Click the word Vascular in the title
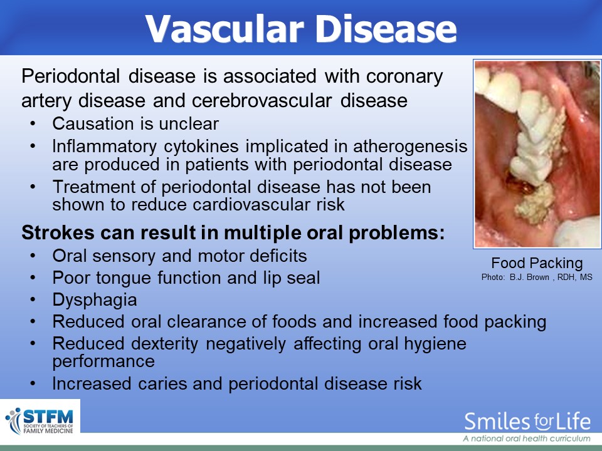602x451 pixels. pyautogui.click(x=224, y=29)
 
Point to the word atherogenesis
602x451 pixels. pyautogui.click(x=410, y=147)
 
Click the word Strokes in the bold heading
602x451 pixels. pyautogui.click(x=58, y=232)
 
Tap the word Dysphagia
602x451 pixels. pyautogui.click(x=95, y=300)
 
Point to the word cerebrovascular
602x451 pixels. pyautogui.click(x=262, y=100)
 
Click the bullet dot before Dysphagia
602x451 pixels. pyautogui.click(x=33, y=299)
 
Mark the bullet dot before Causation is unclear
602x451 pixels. pyautogui.click(x=33, y=123)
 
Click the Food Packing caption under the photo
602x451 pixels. pyautogui.click(x=537, y=263)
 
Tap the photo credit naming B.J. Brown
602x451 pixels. pyautogui.click(x=537, y=277)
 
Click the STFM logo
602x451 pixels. pyautogui.click(x=40, y=421)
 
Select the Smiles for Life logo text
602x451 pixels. pyautogui.click(x=527, y=422)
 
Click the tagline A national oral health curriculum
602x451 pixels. pyautogui.click(x=527, y=438)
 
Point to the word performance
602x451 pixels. pyautogui.click(x=103, y=361)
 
